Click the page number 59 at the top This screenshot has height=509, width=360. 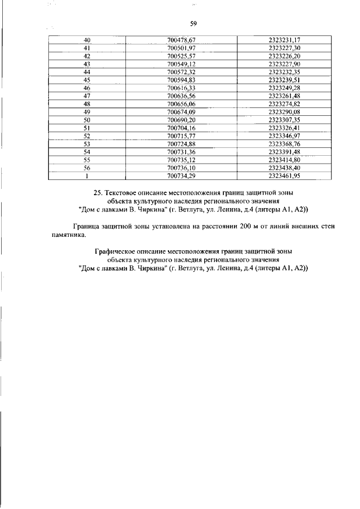(193, 24)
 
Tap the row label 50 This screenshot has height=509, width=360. (87, 120)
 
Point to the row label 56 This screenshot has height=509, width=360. (87, 168)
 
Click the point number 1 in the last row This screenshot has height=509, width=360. (87, 175)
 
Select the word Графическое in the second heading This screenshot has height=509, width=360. (112, 252)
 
